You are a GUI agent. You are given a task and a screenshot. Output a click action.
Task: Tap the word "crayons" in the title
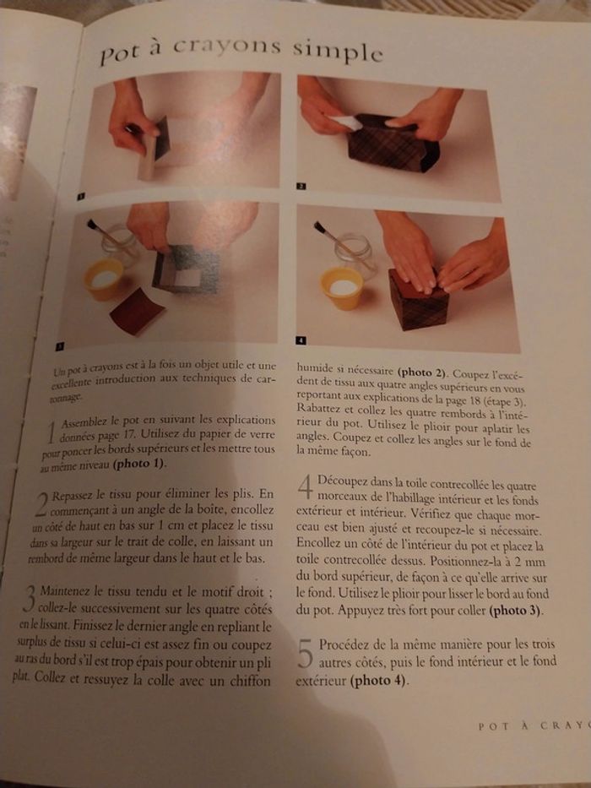tap(226, 48)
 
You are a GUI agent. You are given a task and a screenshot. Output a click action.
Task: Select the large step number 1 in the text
tap(49, 432)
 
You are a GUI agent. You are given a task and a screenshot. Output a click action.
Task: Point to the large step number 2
tap(41, 504)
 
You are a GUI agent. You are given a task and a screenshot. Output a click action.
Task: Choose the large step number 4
tap(306, 487)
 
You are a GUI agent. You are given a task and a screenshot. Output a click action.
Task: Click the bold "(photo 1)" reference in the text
tap(138, 464)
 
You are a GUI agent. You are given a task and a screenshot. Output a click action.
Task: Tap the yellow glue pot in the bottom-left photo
tap(103, 278)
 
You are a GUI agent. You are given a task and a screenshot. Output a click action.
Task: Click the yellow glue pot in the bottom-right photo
tap(342, 288)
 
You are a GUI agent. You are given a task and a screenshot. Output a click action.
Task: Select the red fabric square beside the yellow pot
tap(138, 310)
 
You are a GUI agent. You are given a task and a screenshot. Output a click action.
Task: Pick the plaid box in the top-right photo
tap(393, 144)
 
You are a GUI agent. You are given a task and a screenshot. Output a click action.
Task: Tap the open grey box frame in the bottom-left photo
tap(186, 269)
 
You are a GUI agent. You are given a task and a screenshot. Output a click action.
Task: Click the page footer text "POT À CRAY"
tap(532, 726)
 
